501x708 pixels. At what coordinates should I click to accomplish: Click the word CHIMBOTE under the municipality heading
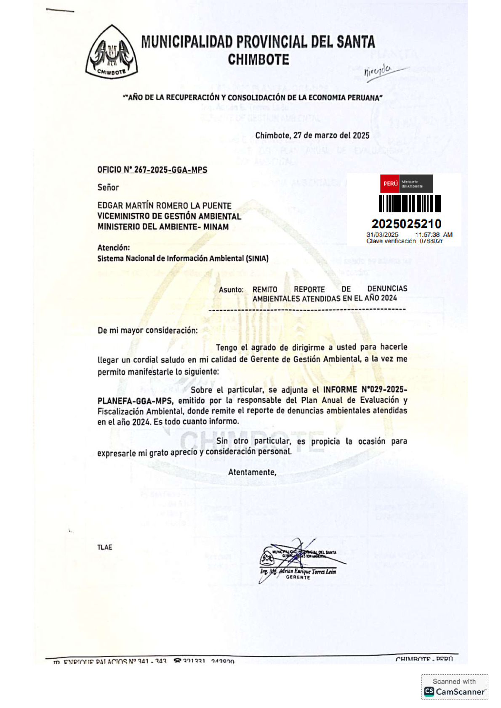pyautogui.click(x=258, y=60)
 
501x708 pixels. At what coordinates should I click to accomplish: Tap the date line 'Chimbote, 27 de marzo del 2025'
pyautogui.click(x=312, y=135)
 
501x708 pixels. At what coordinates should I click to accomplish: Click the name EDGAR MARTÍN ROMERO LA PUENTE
pyautogui.click(x=164, y=206)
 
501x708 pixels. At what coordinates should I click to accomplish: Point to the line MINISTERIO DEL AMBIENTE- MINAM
pyautogui.click(x=163, y=227)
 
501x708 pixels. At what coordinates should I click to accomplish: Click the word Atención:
pyautogui.click(x=114, y=248)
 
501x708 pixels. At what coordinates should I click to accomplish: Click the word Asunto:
pyautogui.click(x=231, y=290)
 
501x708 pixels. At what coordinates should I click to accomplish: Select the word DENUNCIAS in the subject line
pyautogui.click(x=387, y=288)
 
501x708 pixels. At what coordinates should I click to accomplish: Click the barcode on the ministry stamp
pyautogui.click(x=409, y=204)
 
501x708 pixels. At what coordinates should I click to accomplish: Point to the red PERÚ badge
pyautogui.click(x=390, y=184)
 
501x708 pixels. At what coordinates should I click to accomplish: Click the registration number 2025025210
pyautogui.click(x=406, y=224)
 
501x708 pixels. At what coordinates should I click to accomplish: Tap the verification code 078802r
pyautogui.click(x=431, y=241)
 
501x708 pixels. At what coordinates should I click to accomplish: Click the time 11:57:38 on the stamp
pyautogui.click(x=427, y=235)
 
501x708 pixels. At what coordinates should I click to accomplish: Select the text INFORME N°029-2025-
pyautogui.click(x=365, y=389)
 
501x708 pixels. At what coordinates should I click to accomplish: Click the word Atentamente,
pyautogui.click(x=252, y=472)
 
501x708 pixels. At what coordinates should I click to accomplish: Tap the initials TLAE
pyautogui.click(x=105, y=547)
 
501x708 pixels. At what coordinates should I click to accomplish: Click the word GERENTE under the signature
pyautogui.click(x=298, y=577)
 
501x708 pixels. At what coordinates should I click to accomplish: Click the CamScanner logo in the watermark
pyautogui.click(x=429, y=692)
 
